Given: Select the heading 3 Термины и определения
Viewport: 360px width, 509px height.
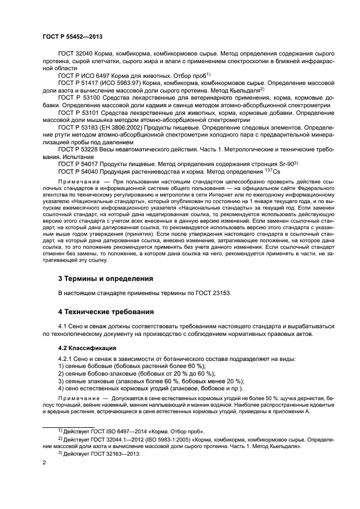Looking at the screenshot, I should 105,278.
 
